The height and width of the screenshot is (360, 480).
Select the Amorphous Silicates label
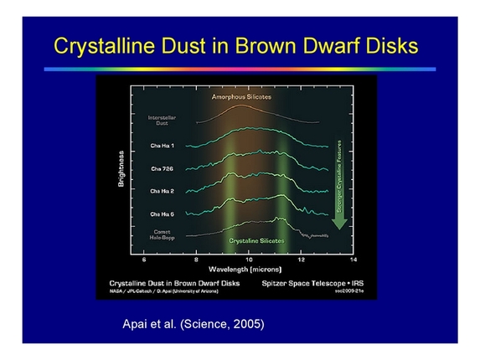(x=242, y=97)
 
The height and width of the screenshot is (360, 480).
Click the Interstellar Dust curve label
(x=163, y=120)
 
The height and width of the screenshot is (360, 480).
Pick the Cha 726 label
(x=163, y=169)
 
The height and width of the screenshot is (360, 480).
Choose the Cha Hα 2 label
(x=163, y=192)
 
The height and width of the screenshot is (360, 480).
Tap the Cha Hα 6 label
(x=163, y=214)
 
